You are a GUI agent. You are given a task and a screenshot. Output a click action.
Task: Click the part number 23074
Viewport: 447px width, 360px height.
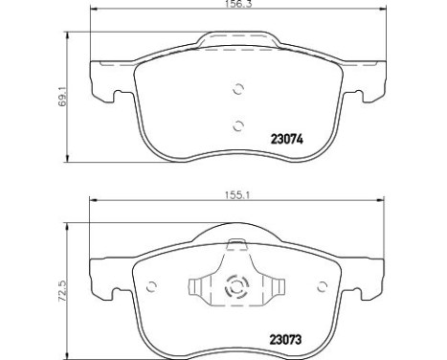[286, 140]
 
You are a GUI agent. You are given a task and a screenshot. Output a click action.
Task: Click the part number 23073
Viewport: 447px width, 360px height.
[285, 340]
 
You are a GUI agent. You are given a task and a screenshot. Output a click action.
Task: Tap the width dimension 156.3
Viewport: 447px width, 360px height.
[238, 4]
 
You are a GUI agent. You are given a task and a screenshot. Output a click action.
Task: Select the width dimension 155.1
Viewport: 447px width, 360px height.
[237, 194]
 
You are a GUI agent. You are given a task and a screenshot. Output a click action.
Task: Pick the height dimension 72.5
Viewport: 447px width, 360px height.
[62, 291]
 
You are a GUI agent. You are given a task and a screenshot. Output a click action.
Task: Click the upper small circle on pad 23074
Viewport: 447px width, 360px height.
[238, 89]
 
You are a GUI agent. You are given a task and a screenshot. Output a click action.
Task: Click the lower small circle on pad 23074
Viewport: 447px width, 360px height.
[238, 125]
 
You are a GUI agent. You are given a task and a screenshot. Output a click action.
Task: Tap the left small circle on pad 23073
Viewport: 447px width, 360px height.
[151, 286]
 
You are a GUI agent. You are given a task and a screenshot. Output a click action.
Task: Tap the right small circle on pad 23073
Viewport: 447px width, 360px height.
[323, 286]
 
